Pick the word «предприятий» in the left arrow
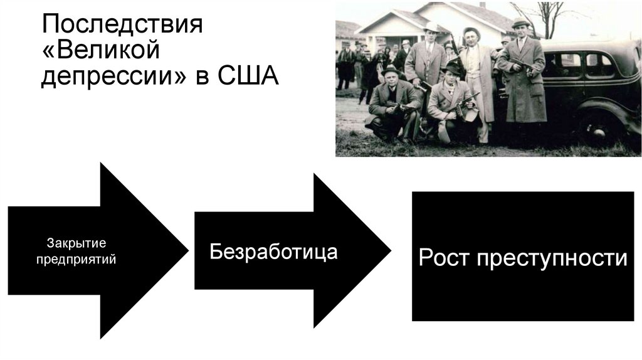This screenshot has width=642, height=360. (76, 258)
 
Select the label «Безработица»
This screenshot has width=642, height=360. (273, 251)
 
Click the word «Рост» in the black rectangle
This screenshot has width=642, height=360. (443, 258)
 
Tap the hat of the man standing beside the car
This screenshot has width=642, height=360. (520, 24)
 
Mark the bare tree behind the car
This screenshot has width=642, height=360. (549, 16)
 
